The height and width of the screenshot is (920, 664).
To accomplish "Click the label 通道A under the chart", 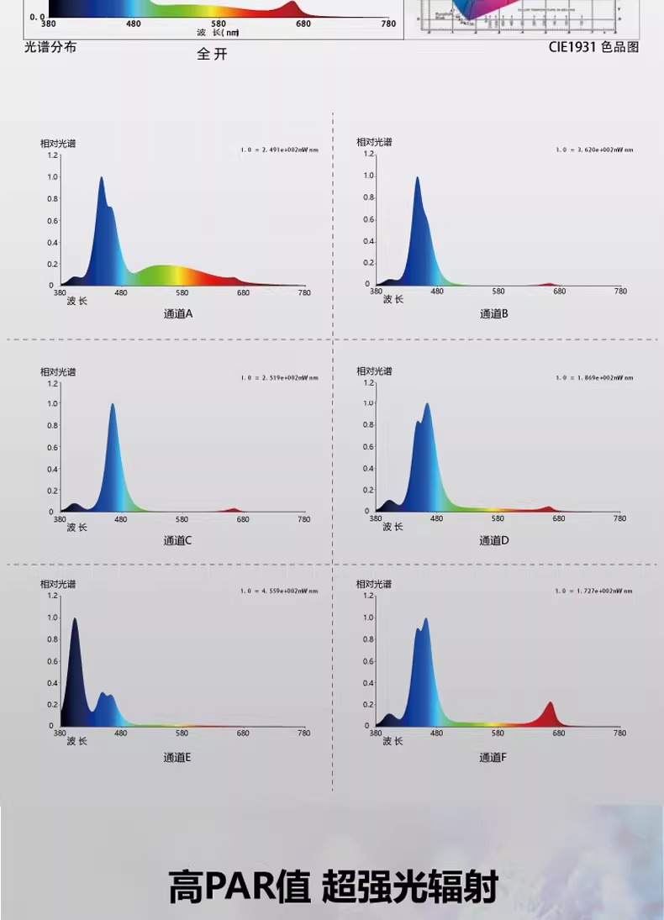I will coord(177,313).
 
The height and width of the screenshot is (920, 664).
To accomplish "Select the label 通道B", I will coord(493,313).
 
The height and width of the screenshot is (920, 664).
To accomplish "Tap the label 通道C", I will coord(177,540).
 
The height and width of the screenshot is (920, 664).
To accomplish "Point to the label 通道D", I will coord(493,540).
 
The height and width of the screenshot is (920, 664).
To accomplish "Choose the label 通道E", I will coord(177,757).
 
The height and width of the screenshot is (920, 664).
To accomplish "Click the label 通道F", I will coord(493,757).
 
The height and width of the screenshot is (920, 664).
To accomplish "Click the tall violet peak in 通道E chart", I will coord(75,622).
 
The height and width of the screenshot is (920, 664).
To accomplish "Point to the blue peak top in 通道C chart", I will coord(112,406).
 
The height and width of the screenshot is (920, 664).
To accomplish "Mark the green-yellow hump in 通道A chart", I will coord(164,271).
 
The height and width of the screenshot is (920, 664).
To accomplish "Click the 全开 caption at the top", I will coord(212,55).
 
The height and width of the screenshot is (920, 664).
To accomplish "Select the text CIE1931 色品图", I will coord(593,47).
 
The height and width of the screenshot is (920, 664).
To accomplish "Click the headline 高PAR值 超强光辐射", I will coord(333,886).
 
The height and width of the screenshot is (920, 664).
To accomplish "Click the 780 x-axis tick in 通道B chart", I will coord(620,292).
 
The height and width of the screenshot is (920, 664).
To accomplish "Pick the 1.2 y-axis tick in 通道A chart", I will coord(53,155).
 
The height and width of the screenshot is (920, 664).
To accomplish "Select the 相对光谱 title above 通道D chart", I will coord(374,371).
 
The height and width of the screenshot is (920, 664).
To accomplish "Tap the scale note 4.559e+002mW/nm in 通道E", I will coord(279,591).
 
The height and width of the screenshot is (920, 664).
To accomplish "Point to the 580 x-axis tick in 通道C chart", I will coord(182,519).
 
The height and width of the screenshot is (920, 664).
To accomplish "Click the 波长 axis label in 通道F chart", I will coord(393,741).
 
